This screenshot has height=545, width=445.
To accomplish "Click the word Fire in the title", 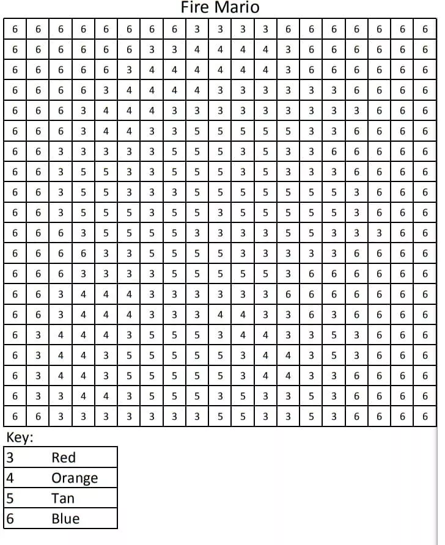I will pyautogui.click(x=195, y=8).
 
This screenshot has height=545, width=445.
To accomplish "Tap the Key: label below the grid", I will pyautogui.click(x=20, y=437).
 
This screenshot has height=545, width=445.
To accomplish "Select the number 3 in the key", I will pyautogui.click(x=9, y=458).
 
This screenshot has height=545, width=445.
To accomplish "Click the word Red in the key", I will pyautogui.click(x=64, y=458).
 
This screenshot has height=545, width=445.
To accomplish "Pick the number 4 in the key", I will pyautogui.click(x=9, y=478).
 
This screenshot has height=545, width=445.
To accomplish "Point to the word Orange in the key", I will pyautogui.click(x=75, y=478).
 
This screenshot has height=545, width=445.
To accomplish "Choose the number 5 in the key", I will pyautogui.click(x=9, y=499).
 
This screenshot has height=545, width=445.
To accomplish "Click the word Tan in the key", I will pyautogui.click(x=63, y=499).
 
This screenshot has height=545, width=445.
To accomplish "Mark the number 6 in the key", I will pyautogui.click(x=9, y=519).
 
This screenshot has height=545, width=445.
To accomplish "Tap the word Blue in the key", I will pyautogui.click(x=65, y=519).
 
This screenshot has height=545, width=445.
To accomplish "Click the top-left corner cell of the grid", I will pyautogui.click(x=15, y=29).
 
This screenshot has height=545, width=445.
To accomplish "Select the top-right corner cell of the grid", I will pyautogui.click(x=425, y=29).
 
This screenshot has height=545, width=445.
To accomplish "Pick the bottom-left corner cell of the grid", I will pyautogui.click(x=15, y=416).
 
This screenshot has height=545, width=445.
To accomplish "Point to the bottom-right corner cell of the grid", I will pyautogui.click(x=425, y=416).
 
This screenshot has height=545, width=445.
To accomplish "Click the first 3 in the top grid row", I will pyautogui.click(x=197, y=29).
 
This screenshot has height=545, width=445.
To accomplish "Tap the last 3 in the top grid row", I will pyautogui.click(x=265, y=29).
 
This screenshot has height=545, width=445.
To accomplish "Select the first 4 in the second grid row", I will pyautogui.click(x=197, y=49).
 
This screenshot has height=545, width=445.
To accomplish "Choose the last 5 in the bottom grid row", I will pyautogui.click(x=311, y=416).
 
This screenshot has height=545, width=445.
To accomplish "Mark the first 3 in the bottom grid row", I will pyautogui.click(x=61, y=416).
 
